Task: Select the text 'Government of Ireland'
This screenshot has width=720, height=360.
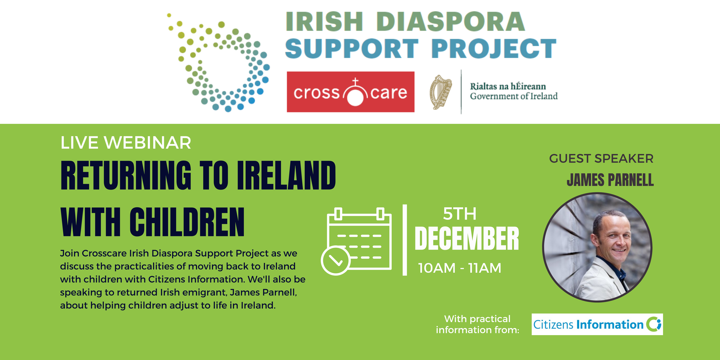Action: click(514, 96)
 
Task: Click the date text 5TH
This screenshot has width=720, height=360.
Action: click(460, 214)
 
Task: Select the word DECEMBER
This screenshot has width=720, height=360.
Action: click(467, 238)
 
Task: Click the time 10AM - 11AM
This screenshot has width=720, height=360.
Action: click(459, 268)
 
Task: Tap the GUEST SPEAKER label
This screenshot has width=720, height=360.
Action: click(601, 158)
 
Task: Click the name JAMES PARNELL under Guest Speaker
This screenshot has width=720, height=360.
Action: click(610, 180)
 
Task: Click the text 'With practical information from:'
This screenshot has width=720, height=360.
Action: click(477, 324)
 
